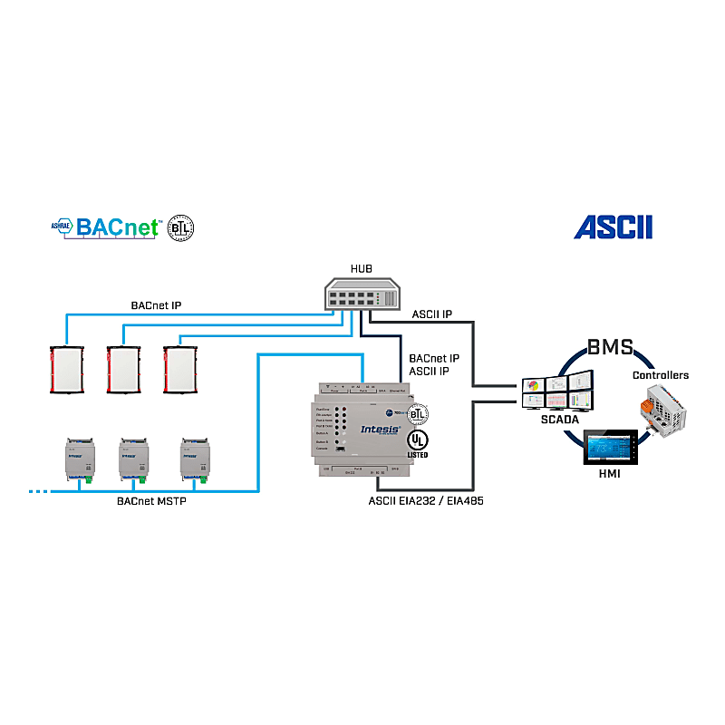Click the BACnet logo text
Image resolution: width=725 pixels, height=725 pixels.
coord(118,227)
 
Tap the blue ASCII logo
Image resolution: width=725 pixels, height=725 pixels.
coord(613,227)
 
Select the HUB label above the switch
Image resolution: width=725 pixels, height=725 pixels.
coord(361,269)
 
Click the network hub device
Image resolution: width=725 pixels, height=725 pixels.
coord(362,295)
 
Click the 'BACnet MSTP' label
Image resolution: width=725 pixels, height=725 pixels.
coord(151,500)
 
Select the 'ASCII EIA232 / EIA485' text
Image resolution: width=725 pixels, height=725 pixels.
coord(425,500)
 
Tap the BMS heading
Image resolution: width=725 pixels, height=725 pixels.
coord(610,348)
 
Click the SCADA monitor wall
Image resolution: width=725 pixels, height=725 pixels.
coord(558,395)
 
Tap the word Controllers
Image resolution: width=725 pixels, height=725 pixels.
coord(660,375)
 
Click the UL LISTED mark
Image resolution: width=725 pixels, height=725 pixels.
coord(418,441)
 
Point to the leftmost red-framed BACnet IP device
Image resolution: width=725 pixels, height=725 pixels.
coord(66,370)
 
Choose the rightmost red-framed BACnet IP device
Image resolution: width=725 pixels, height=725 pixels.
coord(181,370)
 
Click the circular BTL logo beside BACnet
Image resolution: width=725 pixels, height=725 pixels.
coord(181,227)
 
